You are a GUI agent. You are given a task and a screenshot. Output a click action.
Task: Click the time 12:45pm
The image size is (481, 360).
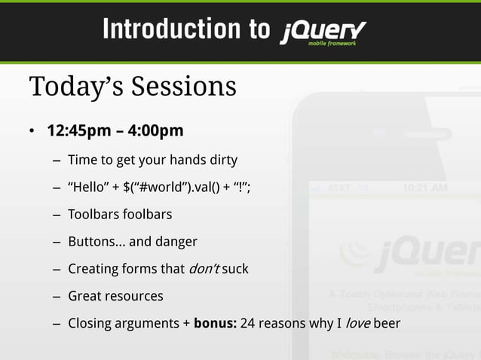pos(79,131)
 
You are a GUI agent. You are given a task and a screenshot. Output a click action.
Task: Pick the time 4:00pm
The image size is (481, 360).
pos(156,131)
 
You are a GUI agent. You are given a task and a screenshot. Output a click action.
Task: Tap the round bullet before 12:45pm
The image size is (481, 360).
pos(32,132)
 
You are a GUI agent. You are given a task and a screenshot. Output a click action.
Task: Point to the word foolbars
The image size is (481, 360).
pos(149,215)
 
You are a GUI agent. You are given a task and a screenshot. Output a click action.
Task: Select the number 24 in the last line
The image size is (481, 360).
pos(247,323)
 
